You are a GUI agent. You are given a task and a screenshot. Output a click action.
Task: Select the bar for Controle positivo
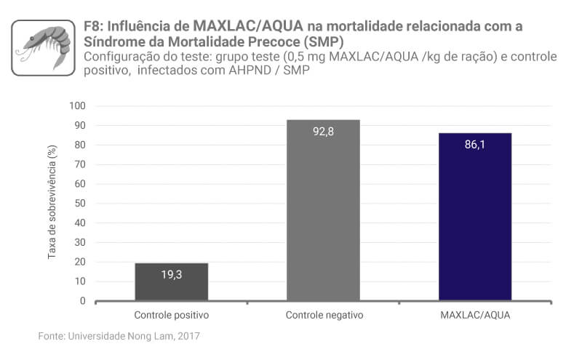pos(172,281)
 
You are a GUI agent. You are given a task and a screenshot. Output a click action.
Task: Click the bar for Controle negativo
pos(323,210)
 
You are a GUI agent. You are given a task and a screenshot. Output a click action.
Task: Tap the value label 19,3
pos(172,274)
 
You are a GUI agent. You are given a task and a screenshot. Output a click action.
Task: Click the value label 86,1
pos(475,144)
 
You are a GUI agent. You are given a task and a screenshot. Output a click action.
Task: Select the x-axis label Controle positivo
pos(172,316)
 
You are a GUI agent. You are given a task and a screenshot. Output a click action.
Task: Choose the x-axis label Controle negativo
pos(324,316)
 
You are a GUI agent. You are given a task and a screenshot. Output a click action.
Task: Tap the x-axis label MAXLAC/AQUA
pos(475,316)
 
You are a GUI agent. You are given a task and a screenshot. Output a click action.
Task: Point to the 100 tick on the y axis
pos(78,106)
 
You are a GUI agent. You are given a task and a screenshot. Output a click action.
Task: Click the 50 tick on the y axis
pos(80,204)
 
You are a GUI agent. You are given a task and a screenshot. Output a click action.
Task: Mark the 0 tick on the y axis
pos(83,301)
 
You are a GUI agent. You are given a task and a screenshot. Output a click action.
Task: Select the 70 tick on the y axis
pos(80,164)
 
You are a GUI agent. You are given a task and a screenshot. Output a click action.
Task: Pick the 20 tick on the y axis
pos(80,262)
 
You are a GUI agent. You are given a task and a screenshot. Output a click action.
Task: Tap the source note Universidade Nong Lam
pos(119,336)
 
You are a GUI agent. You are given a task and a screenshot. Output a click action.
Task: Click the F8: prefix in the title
pos(96,27)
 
